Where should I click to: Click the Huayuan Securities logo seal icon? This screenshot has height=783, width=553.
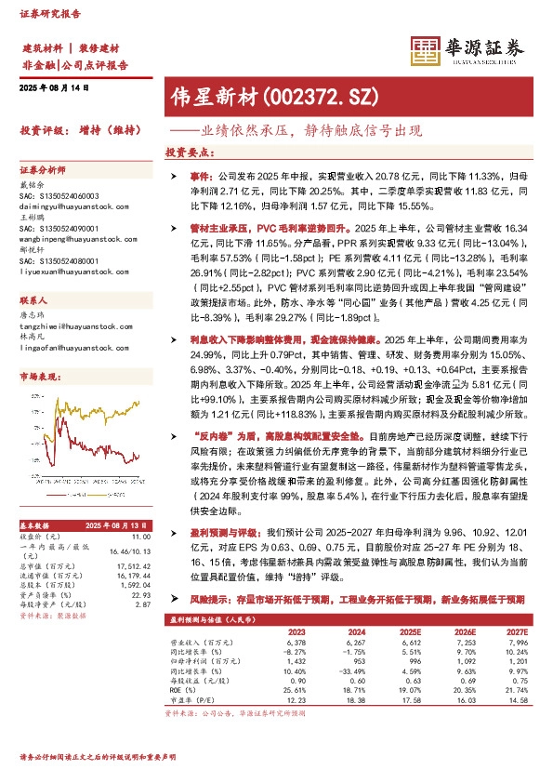point(425,51)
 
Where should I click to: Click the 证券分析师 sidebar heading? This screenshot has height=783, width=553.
point(44,170)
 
